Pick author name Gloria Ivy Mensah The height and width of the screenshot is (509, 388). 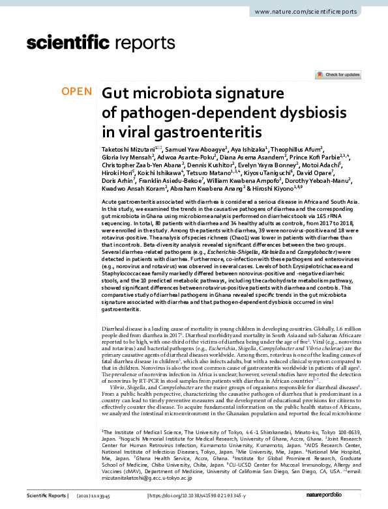(x=127, y=157)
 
